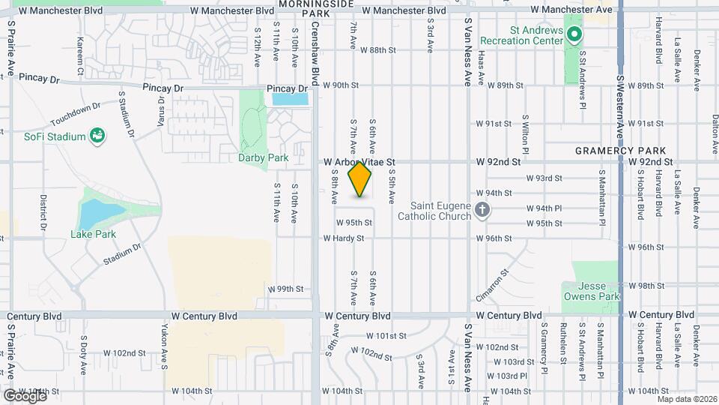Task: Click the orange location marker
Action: click(360, 178)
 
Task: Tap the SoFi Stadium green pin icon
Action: click(97, 136)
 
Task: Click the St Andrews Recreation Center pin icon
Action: click(574, 34)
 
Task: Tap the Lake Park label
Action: click(94, 234)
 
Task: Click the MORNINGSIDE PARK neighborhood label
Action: click(315, 9)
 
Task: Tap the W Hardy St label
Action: click(343, 238)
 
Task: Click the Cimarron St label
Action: click(492, 286)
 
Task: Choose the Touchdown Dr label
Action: click(76, 115)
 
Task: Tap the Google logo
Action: click(24, 395)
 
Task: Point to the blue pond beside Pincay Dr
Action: click(290, 98)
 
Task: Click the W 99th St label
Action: click(285, 289)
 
